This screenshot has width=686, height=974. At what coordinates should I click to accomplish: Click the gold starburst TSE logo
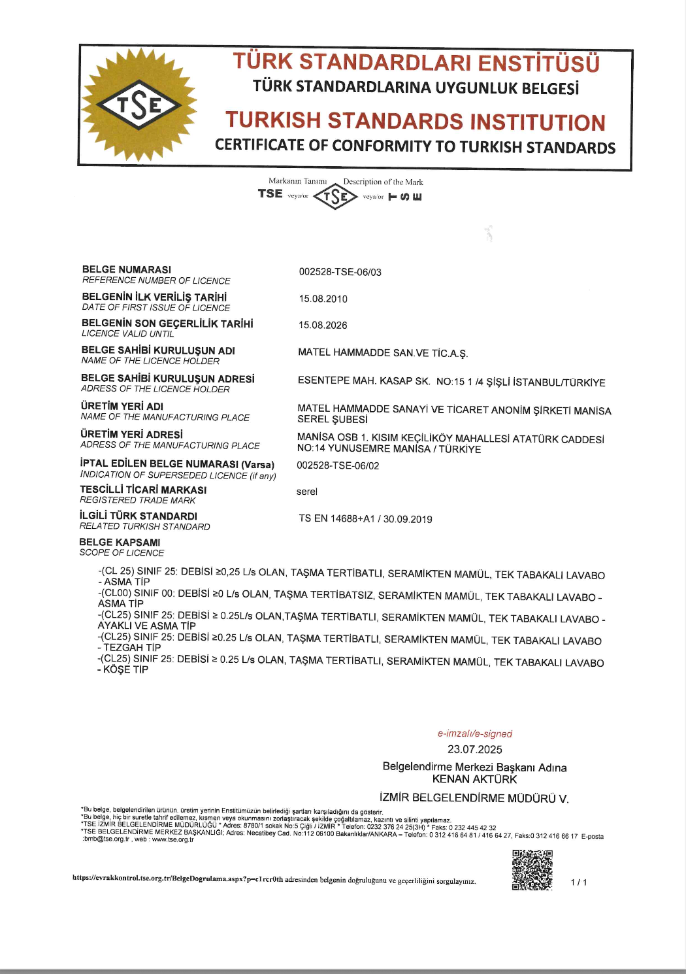(139, 105)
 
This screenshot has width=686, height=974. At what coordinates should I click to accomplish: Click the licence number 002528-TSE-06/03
(340, 272)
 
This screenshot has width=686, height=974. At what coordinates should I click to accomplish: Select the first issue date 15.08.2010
(323, 299)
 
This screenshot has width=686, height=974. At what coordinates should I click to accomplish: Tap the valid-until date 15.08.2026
(323, 325)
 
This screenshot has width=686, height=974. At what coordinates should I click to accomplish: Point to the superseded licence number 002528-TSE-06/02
(338, 465)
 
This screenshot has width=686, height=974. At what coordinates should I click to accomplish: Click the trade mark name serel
(306, 492)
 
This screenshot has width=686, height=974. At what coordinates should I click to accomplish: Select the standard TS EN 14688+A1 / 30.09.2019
(365, 519)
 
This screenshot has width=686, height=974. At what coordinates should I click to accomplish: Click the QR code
(532, 870)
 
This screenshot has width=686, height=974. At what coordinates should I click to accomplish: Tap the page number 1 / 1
(578, 882)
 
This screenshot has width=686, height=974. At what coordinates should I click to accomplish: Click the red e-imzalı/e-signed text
(475, 733)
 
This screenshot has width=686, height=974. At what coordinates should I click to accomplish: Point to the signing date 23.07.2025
(475, 749)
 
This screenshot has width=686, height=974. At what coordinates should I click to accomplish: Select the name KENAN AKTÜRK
(475, 779)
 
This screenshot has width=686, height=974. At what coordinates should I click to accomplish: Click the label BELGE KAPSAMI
(120, 543)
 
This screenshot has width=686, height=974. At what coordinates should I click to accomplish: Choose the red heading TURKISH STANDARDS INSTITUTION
(416, 122)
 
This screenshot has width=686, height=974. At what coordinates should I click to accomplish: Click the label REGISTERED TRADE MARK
(138, 500)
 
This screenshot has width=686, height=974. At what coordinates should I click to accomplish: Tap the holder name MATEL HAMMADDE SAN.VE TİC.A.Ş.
(383, 353)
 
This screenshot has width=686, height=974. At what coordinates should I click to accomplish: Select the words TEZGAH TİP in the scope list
(132, 648)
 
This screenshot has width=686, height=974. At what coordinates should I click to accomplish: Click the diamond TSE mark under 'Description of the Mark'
(335, 196)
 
